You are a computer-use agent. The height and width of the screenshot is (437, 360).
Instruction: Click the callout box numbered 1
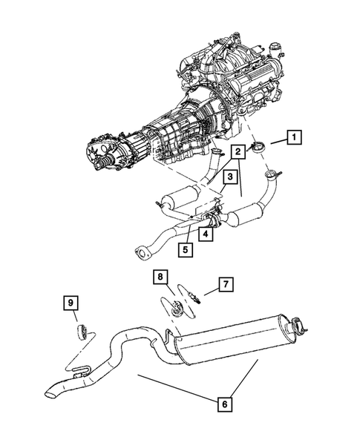point(295,137)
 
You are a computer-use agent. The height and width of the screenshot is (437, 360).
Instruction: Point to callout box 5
point(183,249)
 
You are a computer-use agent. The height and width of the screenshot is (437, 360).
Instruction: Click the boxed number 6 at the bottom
point(223,405)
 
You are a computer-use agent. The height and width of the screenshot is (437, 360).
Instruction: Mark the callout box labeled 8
point(160,277)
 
